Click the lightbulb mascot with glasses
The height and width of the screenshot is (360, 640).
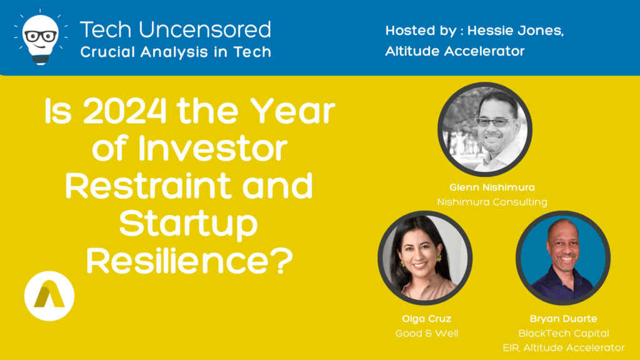tap(40, 38)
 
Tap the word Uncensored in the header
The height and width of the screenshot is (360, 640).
tap(205, 30)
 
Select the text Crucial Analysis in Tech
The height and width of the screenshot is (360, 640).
tap(176, 52)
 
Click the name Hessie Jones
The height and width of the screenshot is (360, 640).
tap(516, 31)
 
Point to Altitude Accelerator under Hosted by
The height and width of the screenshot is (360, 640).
tap(455, 51)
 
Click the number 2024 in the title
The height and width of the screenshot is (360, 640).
tap(125, 111)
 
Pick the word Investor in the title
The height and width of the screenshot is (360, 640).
tap(212, 149)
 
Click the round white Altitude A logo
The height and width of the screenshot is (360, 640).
tap(49, 296)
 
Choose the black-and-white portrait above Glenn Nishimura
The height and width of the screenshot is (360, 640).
tap(485, 129)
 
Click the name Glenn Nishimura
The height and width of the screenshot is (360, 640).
tap(492, 187)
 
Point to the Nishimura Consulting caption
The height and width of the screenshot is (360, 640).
tap(492, 202)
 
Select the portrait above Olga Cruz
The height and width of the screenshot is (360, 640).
tap(425, 258)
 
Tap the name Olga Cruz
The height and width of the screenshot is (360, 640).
tap(426, 319)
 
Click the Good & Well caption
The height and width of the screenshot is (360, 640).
tap(426, 334)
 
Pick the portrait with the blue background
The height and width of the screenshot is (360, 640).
tap(563, 258)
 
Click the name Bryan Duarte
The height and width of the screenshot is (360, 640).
tap(563, 319)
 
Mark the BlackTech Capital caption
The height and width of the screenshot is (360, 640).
tap(563, 334)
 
